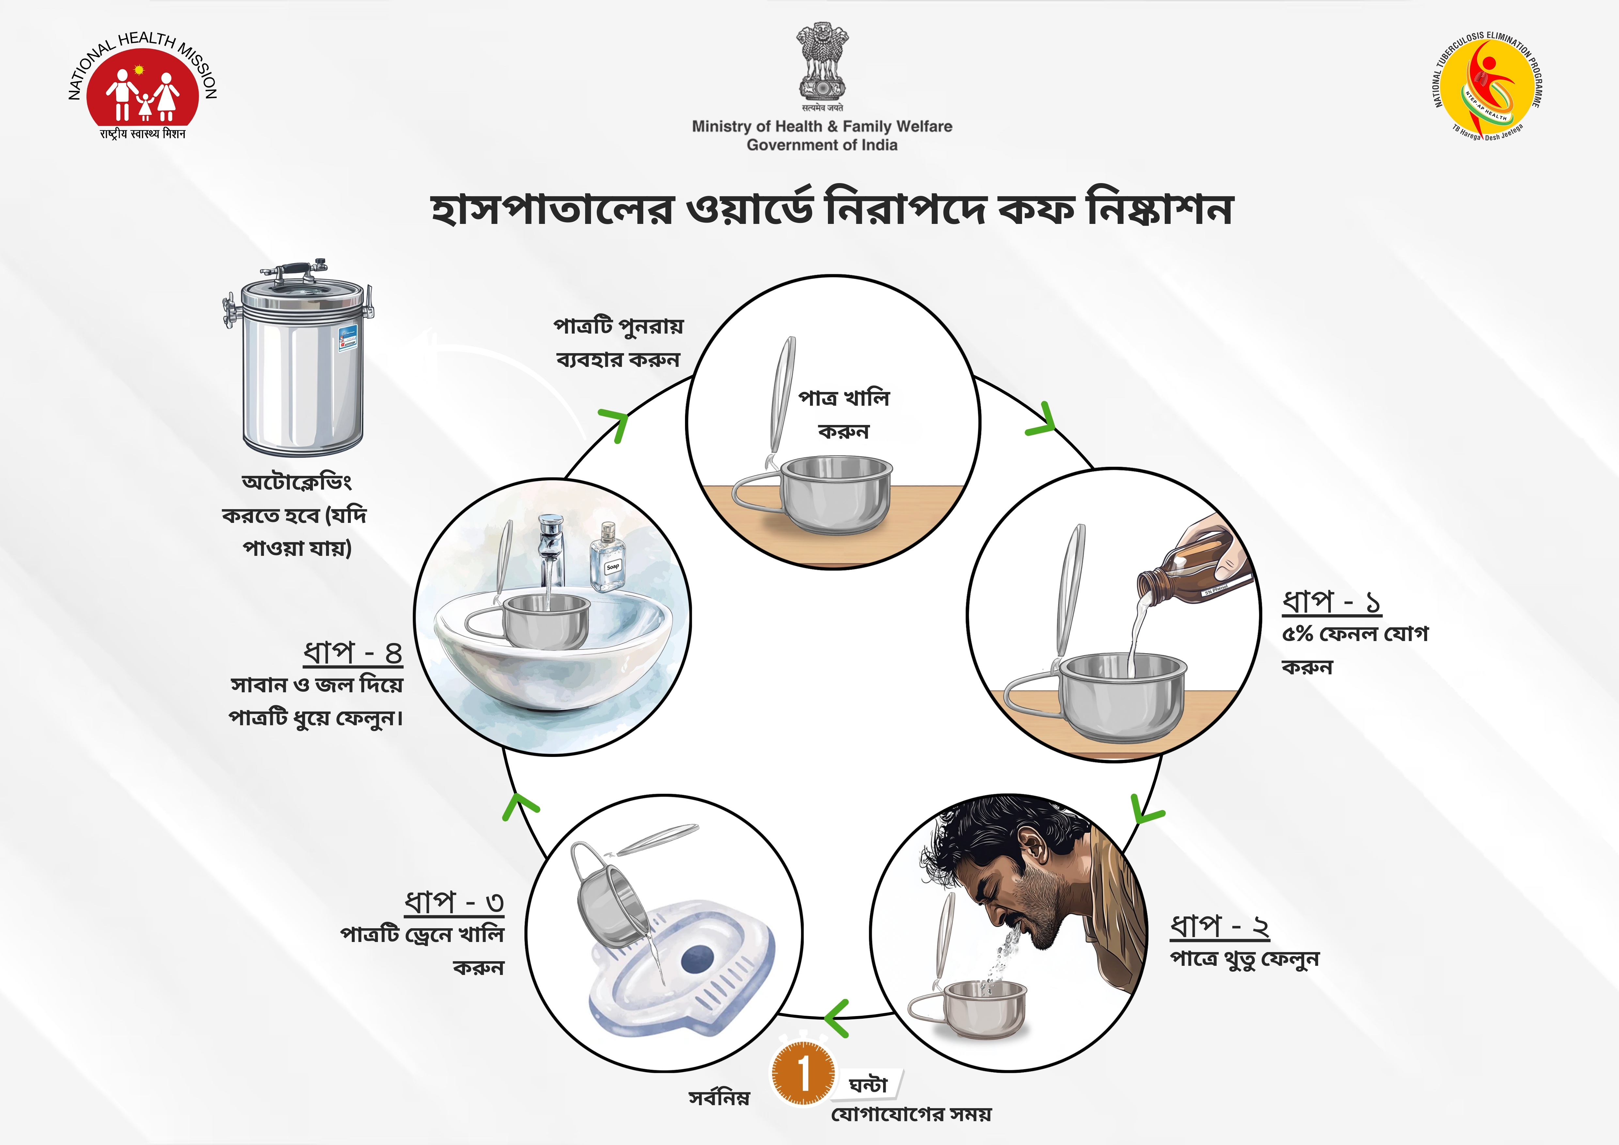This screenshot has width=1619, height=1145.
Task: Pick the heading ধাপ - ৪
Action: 352,653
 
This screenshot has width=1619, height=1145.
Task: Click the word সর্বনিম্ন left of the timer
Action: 719,1098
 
